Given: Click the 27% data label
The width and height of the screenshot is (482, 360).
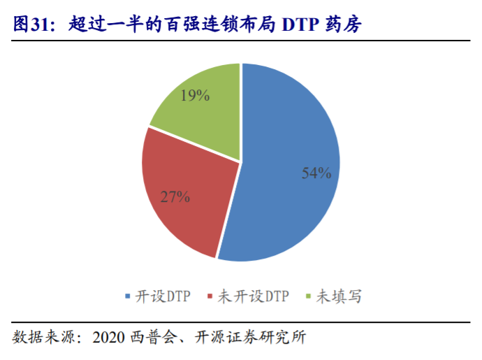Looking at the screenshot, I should (175, 196).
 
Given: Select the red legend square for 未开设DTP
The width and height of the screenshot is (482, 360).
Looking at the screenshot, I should (210, 296).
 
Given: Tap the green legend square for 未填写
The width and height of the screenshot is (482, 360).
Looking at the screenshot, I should (309, 296).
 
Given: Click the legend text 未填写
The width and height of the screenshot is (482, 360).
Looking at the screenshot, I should (339, 296).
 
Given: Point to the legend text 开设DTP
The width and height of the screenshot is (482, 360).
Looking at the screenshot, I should (162, 296).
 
